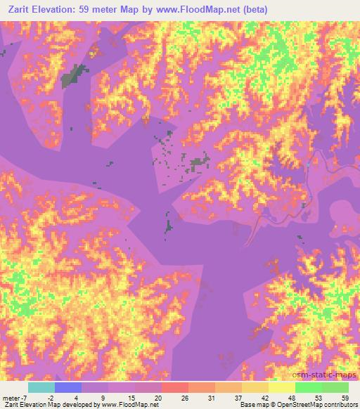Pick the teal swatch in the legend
[x=41, y=387]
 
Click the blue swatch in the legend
[x=68, y=387]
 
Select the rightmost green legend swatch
[x=335, y=387]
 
